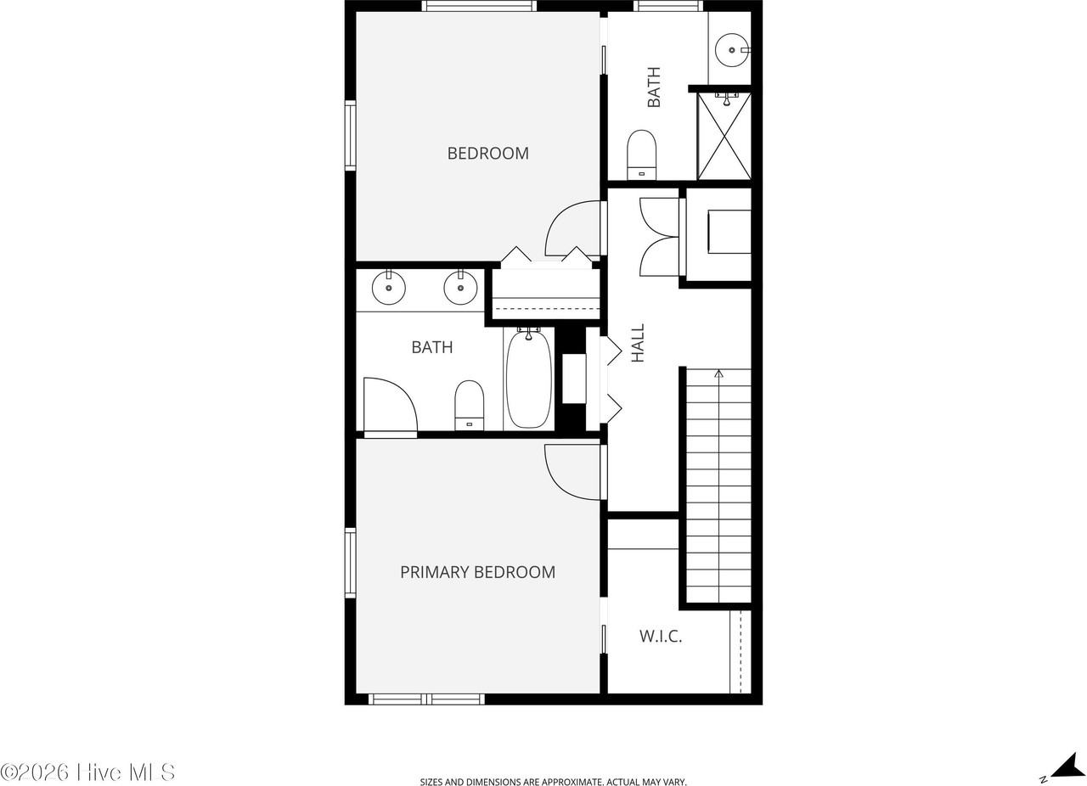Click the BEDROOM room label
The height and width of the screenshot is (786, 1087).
pos(487,154)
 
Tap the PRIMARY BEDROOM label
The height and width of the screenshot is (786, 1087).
pos(477,572)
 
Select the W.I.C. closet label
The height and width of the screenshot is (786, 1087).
pos(661,636)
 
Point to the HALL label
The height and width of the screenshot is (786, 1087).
pos(638,343)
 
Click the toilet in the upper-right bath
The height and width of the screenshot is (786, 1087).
pos(641,154)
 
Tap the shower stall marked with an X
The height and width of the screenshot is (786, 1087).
pos(724,137)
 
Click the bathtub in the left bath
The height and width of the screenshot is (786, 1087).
pos(528,379)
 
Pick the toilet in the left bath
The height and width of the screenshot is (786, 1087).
pos(469,405)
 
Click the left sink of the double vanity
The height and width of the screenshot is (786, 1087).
pos(389,289)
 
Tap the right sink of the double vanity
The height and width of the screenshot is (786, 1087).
pos(460,289)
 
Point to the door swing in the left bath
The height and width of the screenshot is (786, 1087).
pos(390,406)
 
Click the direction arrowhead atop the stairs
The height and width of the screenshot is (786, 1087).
pos(718,373)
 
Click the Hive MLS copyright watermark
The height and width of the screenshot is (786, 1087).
pos(87,772)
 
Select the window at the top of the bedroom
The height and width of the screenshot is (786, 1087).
pos(479,6)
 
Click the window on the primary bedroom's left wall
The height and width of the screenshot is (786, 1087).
pos(350,562)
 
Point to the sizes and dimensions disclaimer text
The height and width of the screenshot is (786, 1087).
pos(553,782)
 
